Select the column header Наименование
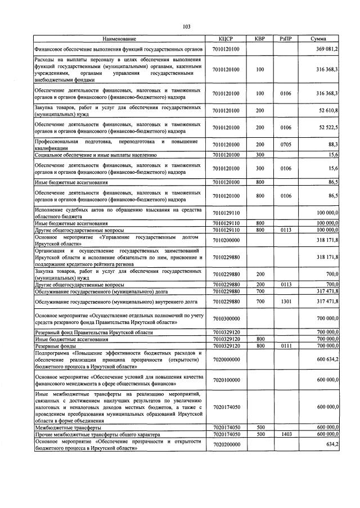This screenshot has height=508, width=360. click(119, 39)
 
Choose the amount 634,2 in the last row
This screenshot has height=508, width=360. click(331, 444)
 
